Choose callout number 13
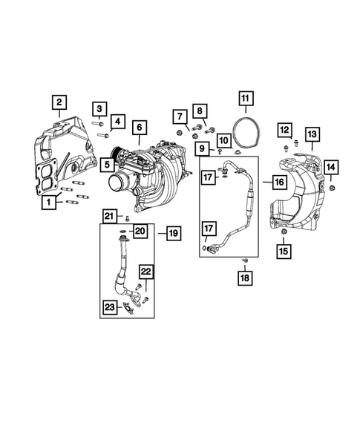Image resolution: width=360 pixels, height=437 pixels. coord(312,134)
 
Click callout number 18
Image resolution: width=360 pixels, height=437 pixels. coord(244,278)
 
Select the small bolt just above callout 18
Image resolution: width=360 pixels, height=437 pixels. coord(244,260)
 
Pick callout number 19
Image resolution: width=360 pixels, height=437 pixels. coord(171,234)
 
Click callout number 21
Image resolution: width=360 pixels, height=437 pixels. coord(108,216)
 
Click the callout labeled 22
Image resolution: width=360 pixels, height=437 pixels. coord(147,272)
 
